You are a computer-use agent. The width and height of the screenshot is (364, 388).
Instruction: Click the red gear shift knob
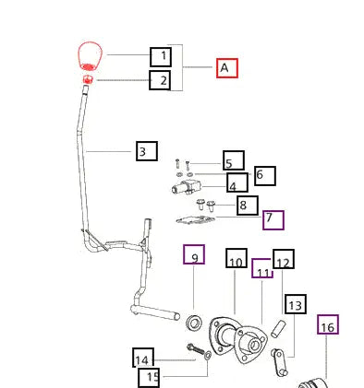(90, 56)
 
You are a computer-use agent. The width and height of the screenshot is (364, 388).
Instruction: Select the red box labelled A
(227, 68)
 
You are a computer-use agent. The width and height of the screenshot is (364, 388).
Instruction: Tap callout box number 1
(161, 56)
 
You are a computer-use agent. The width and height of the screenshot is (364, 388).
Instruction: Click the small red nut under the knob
(88, 79)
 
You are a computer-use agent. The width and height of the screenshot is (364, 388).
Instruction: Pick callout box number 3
(147, 151)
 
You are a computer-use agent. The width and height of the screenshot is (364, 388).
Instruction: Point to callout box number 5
(234, 160)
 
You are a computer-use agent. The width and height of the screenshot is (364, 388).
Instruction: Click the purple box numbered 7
(273, 220)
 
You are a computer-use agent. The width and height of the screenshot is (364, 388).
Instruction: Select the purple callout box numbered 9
(194, 254)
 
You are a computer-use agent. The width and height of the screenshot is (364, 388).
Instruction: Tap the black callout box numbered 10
(237, 258)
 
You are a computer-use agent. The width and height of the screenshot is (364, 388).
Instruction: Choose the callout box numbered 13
(296, 304)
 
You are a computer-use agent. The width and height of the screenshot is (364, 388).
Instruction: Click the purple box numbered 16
(328, 324)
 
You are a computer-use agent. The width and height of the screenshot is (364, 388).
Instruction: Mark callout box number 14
(143, 358)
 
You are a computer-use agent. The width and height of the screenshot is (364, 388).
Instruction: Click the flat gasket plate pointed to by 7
(196, 220)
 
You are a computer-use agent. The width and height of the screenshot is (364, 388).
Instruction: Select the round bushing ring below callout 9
(194, 323)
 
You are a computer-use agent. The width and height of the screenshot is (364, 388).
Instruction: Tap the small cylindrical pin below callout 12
(278, 329)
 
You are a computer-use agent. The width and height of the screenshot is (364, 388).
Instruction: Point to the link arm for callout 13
(280, 362)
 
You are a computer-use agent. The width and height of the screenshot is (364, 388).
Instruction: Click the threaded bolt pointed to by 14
(196, 348)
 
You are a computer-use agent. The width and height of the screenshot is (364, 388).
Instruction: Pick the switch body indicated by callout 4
(187, 186)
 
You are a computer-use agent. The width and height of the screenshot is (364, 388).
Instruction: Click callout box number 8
(248, 206)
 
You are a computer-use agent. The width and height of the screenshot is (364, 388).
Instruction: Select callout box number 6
(265, 176)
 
